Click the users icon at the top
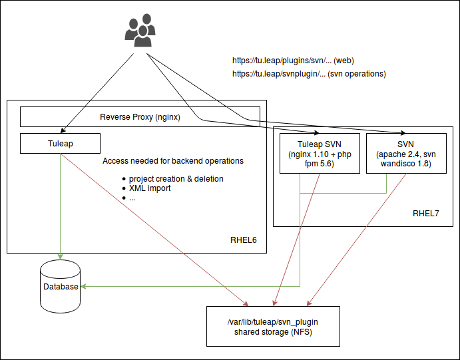(x=140, y=31)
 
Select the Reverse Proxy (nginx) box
(x=140, y=116)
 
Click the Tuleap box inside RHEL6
(x=60, y=143)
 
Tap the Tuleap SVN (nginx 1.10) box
(x=320, y=154)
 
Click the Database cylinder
(x=60, y=287)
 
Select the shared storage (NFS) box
(x=273, y=326)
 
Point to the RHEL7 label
(x=426, y=214)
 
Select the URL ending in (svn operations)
(x=309, y=74)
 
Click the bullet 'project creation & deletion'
(x=176, y=178)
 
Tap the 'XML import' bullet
(x=150, y=188)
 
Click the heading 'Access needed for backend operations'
(x=173, y=161)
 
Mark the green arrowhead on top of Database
(x=60, y=257)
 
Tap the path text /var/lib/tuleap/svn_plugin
(x=273, y=321)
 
